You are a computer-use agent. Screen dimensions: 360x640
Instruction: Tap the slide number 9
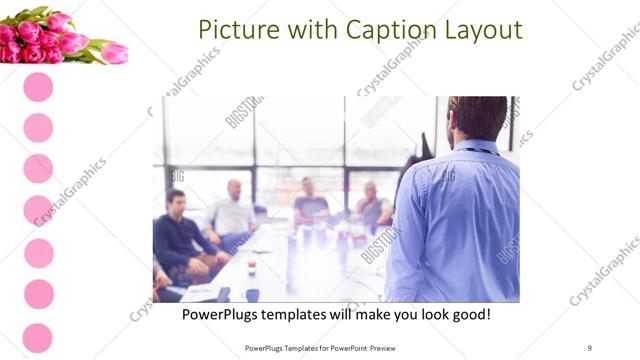pyautogui.click(x=590, y=347)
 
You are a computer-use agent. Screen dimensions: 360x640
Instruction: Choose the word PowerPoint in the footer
pyautogui.click(x=353, y=347)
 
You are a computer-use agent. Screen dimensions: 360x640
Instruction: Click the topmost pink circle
pyautogui.click(x=38, y=87)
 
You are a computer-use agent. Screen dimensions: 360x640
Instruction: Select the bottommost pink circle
pyautogui.click(x=38, y=338)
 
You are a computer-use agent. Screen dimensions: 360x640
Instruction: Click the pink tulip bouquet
pyautogui.click(x=60, y=38)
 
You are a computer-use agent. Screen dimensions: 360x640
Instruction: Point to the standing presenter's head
pyautogui.click(x=478, y=118)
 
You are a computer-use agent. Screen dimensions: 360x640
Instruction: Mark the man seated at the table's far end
pyautogui.click(x=310, y=203)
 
